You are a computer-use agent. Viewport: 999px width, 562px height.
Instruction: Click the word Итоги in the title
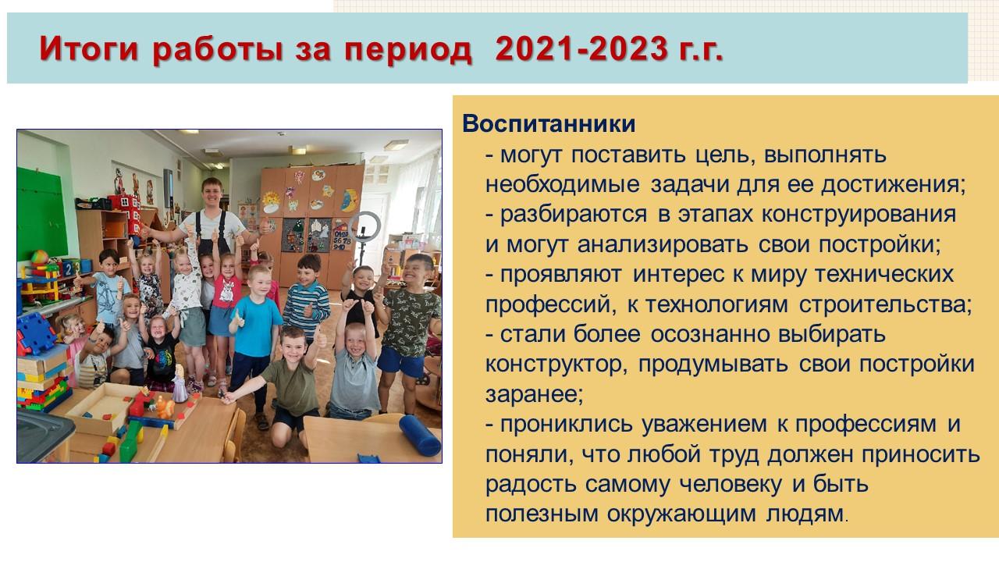[x=89, y=48]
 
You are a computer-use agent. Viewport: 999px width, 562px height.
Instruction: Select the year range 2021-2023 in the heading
[x=581, y=48]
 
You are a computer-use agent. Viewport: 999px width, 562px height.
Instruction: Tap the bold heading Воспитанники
[x=549, y=123]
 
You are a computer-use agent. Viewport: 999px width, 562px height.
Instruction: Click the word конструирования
[x=859, y=215]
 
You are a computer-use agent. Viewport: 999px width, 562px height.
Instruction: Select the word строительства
[x=885, y=304]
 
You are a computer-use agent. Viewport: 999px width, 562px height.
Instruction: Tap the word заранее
[x=534, y=395]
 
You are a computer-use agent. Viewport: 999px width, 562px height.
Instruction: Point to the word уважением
[x=704, y=425]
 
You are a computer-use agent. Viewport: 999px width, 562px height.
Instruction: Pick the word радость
[x=531, y=485]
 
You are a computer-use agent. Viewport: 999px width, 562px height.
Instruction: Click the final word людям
[x=807, y=514]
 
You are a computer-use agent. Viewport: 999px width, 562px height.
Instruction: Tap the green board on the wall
[x=41, y=213]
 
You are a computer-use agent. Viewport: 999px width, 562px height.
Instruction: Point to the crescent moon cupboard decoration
[x=350, y=200]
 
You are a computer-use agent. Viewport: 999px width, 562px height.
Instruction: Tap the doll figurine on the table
[x=180, y=383]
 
